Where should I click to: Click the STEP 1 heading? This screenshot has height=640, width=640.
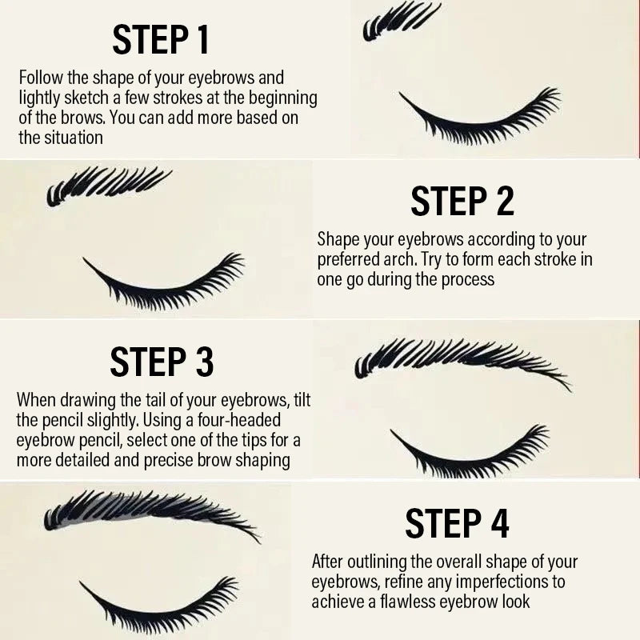tap(161, 39)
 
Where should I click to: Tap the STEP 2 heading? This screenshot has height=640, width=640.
tap(462, 201)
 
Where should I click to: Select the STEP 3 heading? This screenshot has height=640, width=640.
tap(162, 362)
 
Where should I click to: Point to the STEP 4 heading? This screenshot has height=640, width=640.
tap(457, 523)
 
